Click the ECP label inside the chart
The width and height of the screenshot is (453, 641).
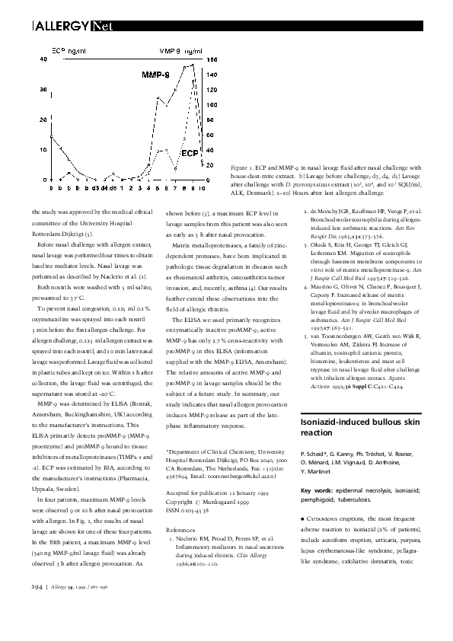[189, 151]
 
